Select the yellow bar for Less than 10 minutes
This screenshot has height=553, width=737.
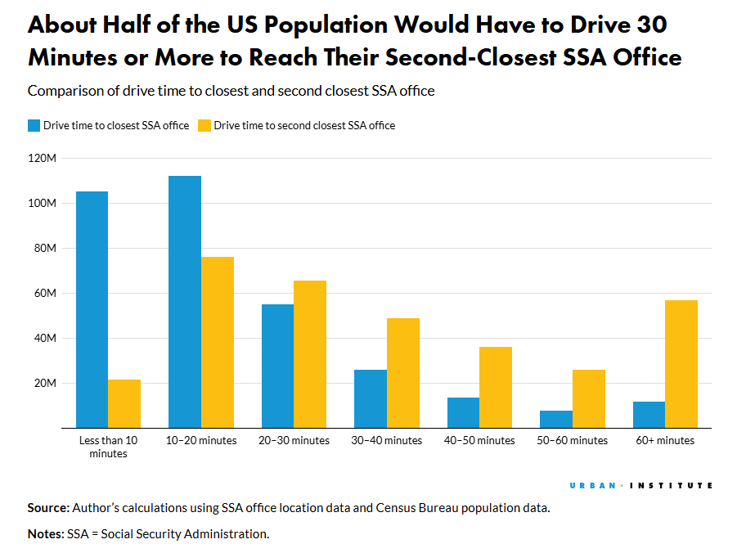(124, 403)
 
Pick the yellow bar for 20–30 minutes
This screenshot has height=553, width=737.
(310, 353)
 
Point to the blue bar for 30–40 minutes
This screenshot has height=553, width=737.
(371, 398)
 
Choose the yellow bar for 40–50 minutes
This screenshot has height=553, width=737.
(496, 387)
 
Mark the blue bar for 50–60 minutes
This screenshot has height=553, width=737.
(556, 419)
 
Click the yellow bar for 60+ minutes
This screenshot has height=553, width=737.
(681, 363)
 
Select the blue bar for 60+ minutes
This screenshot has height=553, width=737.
(649, 414)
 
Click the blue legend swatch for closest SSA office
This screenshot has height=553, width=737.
(34, 125)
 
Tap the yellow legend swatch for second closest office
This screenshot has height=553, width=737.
(204, 125)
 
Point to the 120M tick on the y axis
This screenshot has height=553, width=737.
(43, 158)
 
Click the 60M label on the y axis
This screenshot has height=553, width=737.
(45, 293)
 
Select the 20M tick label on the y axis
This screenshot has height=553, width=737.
(45, 383)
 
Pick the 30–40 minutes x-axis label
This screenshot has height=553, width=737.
(387, 440)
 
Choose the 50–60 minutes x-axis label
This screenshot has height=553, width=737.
(573, 440)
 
